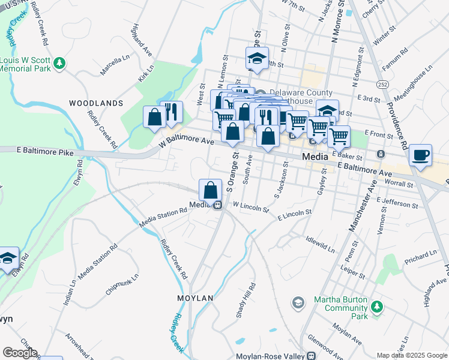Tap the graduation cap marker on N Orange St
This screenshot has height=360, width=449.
coord(257,59)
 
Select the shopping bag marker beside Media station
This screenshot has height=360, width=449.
coord(211,191)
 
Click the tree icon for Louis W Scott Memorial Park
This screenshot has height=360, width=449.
coord(59,63)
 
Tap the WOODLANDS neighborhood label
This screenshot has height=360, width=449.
coord(96,103)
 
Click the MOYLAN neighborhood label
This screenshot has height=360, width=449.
coord(195,298)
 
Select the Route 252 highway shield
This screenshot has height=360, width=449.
coord(381,82)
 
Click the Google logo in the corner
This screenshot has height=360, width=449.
coord(19,353)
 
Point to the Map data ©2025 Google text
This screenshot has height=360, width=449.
coord(411,355)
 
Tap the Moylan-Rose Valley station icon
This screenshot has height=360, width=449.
coord(311,356)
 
